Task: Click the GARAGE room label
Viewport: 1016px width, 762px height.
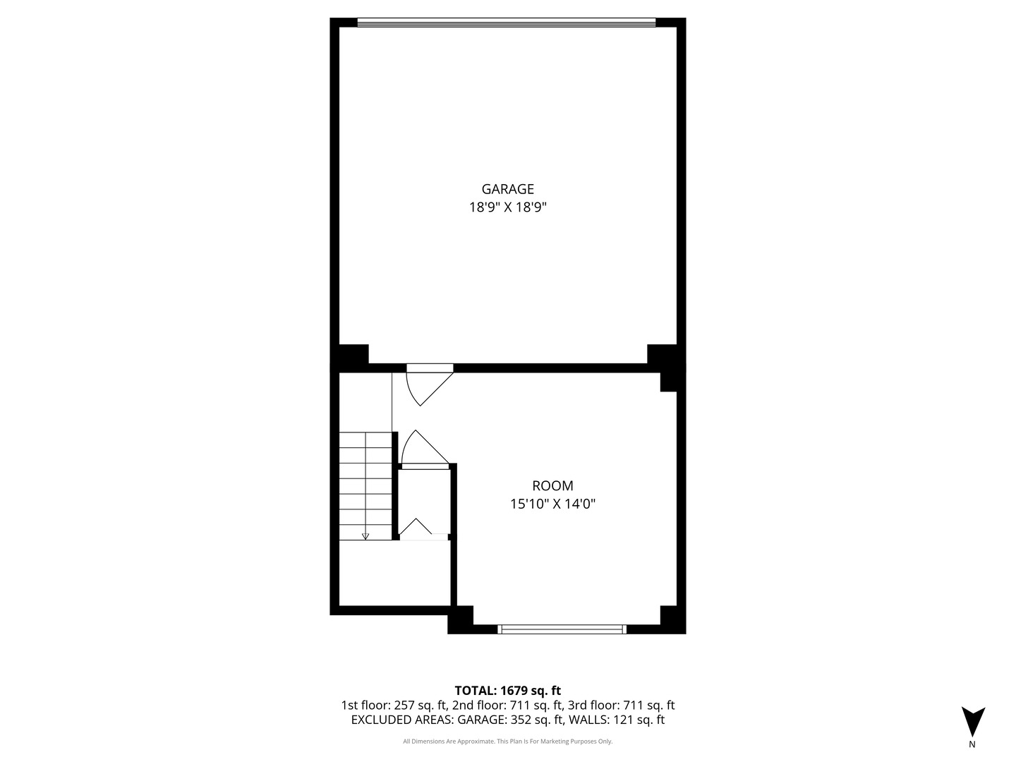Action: point(507,189)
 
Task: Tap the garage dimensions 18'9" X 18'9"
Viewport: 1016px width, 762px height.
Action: point(507,207)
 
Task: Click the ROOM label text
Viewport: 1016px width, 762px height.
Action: point(552,486)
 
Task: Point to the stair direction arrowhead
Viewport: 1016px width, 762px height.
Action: point(365,536)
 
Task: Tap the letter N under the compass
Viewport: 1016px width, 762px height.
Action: point(972,744)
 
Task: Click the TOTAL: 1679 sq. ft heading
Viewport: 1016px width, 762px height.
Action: point(507,691)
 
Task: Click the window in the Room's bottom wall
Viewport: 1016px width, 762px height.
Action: point(562,629)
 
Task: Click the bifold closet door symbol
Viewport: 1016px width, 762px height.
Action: point(417,528)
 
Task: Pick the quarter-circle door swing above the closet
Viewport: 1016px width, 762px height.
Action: point(420,449)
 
